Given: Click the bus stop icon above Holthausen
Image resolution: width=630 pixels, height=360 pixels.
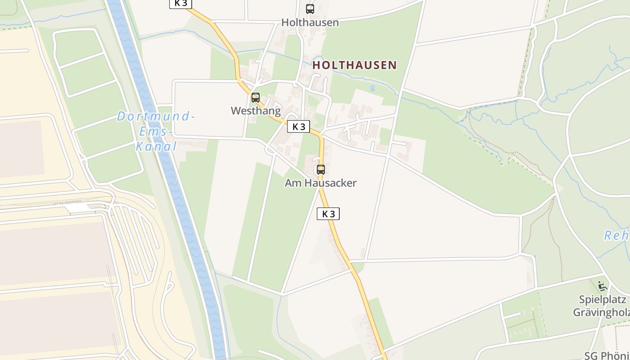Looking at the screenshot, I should [x=310, y=9].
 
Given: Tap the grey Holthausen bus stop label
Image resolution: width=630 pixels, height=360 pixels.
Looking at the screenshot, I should [x=310, y=22].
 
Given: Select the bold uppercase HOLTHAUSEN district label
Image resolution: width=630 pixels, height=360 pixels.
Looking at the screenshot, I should [x=355, y=65].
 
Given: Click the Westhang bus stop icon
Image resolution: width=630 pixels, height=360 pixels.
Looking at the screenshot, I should [x=256, y=97].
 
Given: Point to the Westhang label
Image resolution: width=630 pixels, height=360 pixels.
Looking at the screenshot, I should [x=256, y=111].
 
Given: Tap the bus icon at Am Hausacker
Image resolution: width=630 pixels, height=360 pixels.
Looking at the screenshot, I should [x=320, y=170].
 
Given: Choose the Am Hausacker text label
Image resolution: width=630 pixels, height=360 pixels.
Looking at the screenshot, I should [x=320, y=183].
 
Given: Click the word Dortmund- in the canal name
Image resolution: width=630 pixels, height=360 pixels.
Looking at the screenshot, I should [x=156, y=117].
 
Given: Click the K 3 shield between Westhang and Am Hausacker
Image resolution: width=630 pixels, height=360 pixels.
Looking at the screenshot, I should [x=298, y=126].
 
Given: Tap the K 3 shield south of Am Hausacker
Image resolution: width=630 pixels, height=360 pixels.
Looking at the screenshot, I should [x=328, y=214].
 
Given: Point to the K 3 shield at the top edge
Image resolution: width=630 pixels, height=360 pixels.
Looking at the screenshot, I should [x=181, y=3].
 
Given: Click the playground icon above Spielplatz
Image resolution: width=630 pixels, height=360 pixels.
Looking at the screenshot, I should [x=602, y=286].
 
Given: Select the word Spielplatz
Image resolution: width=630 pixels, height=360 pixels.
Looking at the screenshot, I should [x=602, y=300].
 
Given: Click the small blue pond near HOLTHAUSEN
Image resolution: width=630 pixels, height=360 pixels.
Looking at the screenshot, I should [x=372, y=88].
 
